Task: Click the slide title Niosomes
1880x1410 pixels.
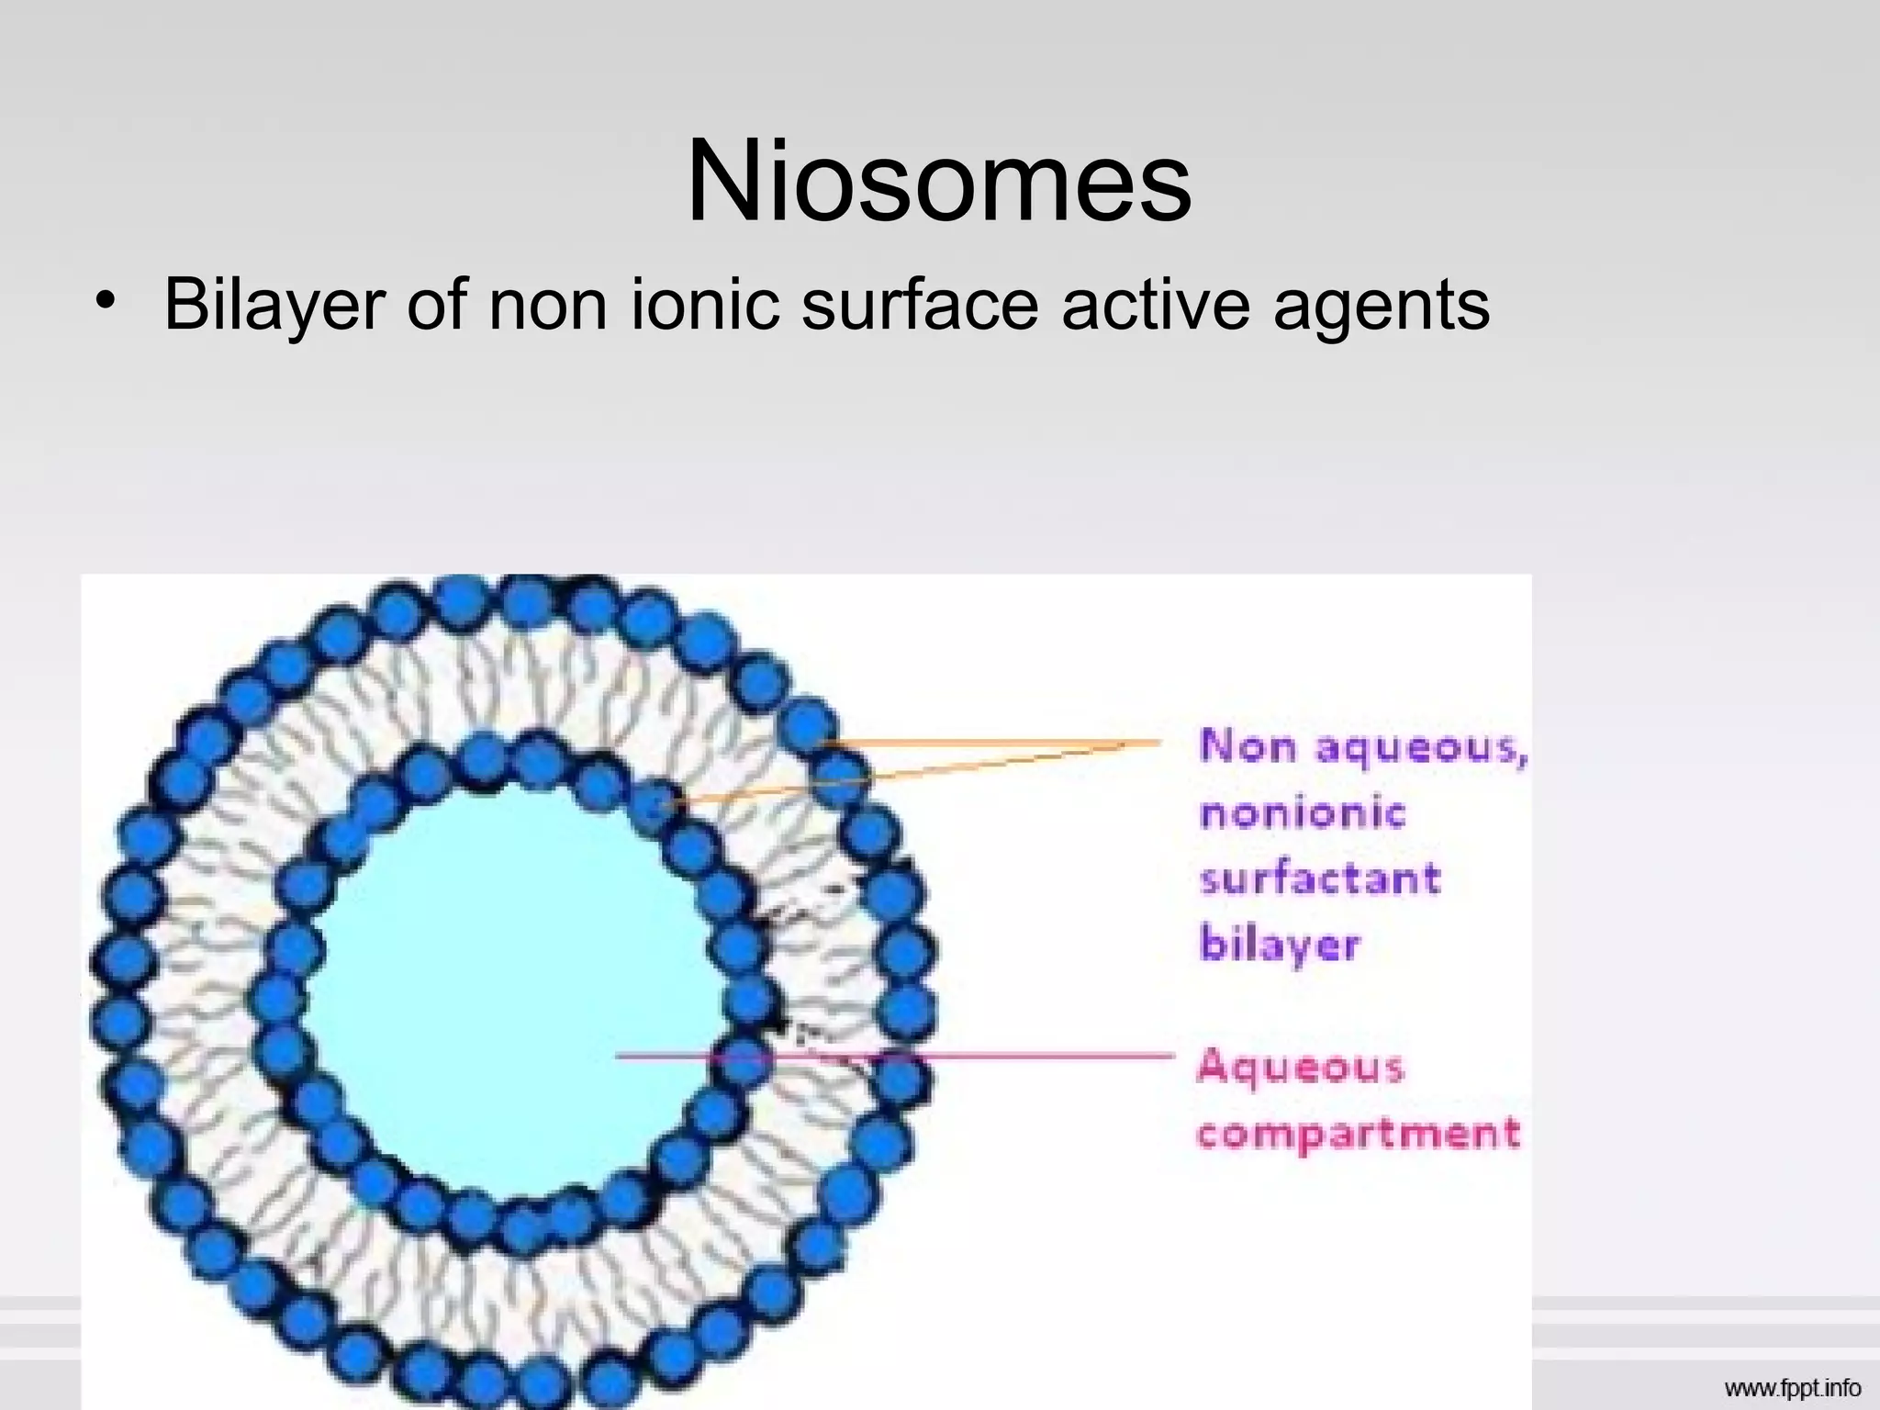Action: (938, 182)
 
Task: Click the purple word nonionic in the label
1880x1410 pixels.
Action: (1303, 813)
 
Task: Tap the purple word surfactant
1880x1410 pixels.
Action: (1320, 879)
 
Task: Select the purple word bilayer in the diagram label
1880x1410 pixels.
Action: (1280, 946)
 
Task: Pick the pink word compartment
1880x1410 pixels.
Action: (1359, 1133)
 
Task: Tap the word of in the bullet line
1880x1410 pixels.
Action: (436, 305)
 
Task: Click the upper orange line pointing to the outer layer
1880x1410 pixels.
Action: (991, 741)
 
